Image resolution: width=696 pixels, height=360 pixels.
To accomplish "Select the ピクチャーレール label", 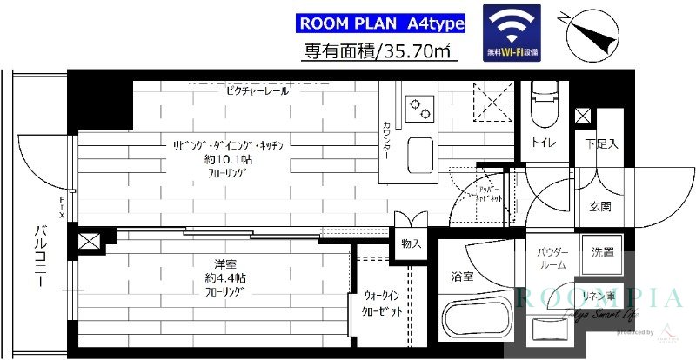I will [x=257, y=90].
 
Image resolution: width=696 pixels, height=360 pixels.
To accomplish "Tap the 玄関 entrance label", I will [x=600, y=207].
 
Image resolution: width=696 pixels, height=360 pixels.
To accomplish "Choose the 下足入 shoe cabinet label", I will [x=600, y=143].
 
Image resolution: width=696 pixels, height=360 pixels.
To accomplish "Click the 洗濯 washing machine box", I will [x=601, y=253].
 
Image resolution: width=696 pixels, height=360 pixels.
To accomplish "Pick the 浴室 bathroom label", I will [x=463, y=277].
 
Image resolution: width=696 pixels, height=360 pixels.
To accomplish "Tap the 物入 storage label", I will [x=411, y=244].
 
